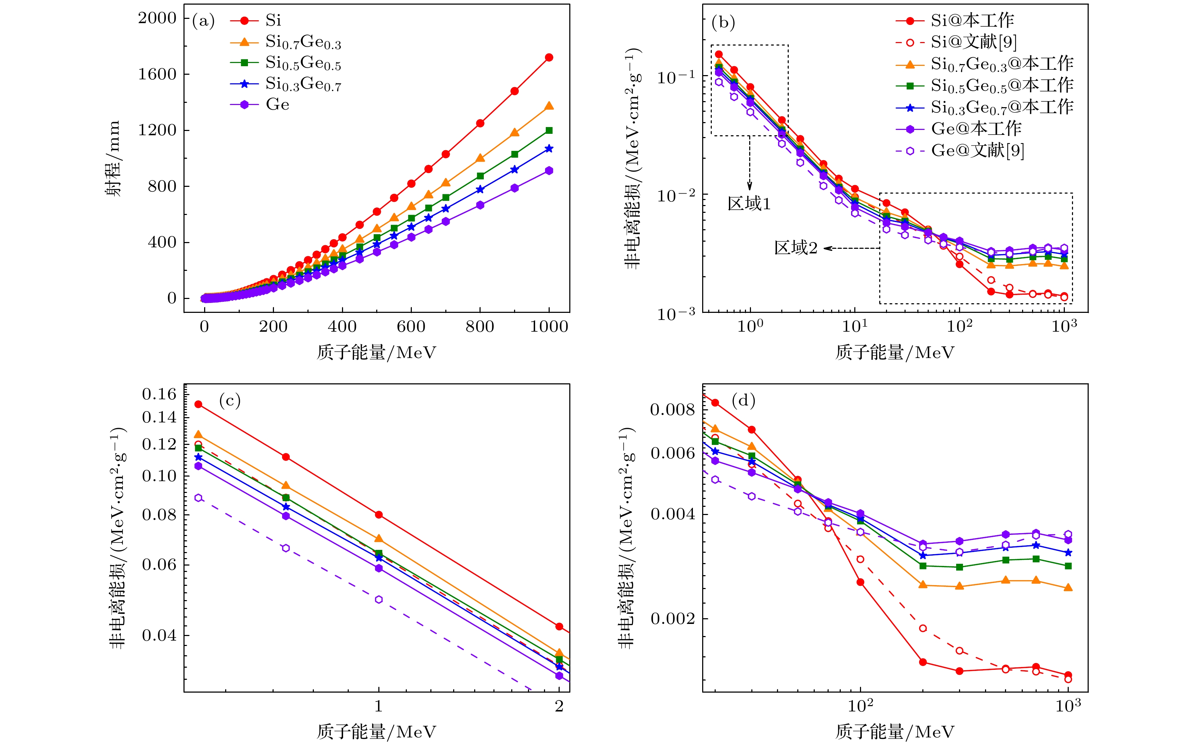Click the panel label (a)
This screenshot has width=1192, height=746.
(x=203, y=21)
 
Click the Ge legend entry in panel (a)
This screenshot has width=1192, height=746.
(x=277, y=105)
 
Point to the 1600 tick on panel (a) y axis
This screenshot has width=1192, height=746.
(x=157, y=74)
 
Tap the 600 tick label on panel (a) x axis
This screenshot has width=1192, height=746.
(x=411, y=327)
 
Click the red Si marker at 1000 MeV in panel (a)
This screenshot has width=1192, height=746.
(x=549, y=58)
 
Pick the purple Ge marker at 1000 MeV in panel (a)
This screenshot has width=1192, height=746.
(x=549, y=171)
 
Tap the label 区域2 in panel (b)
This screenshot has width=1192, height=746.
(x=795, y=248)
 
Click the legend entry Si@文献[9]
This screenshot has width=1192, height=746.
(x=973, y=42)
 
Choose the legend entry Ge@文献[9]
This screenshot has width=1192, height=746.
(x=977, y=151)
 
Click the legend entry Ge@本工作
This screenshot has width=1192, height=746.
(x=976, y=129)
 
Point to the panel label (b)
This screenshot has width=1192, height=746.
(x=723, y=23)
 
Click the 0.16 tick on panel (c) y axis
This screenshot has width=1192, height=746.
(x=159, y=394)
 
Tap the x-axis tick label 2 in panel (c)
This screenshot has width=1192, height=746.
(x=559, y=706)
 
